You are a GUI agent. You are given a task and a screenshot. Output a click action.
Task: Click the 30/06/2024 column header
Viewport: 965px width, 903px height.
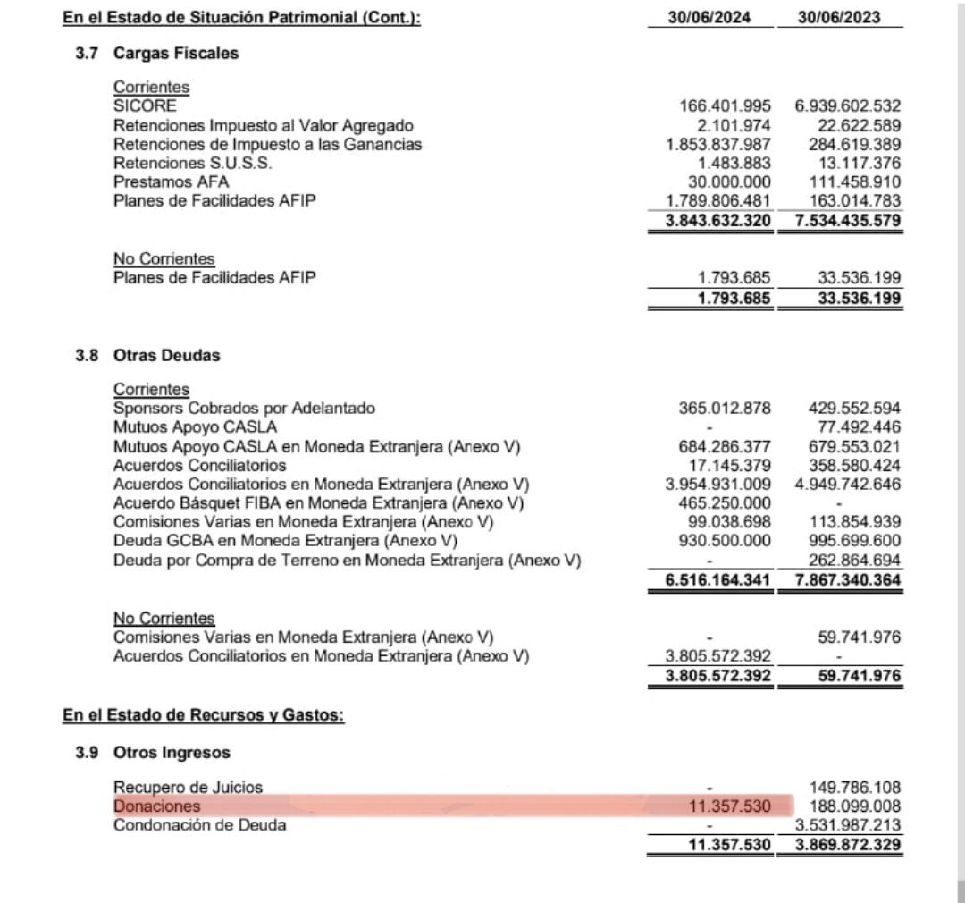click(x=709, y=17)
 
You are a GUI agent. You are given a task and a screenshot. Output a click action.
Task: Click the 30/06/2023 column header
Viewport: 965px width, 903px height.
click(x=839, y=17)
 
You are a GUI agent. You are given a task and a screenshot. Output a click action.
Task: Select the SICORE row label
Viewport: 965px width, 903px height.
click(x=145, y=105)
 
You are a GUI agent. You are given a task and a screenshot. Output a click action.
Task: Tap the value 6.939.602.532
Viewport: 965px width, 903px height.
click(x=845, y=106)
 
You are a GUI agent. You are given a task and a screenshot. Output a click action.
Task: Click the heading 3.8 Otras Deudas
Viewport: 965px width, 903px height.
click(x=147, y=355)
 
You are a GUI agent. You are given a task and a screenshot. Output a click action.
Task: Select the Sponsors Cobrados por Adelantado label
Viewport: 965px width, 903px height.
click(x=244, y=409)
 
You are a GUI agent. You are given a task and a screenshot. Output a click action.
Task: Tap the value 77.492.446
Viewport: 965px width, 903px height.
click(x=859, y=427)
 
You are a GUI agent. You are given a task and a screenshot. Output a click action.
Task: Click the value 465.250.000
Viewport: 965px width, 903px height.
click(x=724, y=503)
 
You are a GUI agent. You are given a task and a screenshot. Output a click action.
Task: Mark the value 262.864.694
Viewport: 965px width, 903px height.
click(x=854, y=561)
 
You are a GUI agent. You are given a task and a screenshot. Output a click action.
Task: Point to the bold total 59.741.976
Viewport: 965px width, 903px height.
click(x=859, y=676)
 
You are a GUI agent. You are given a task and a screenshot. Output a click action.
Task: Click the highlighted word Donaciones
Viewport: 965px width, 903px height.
click(x=156, y=806)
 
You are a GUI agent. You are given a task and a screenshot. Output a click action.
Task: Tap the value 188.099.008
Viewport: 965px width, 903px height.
click(x=854, y=806)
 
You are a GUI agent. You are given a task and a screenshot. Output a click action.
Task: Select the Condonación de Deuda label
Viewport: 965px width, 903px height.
click(x=200, y=825)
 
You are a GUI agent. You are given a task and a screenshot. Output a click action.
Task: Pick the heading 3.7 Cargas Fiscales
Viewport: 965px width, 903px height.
click(x=156, y=53)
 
